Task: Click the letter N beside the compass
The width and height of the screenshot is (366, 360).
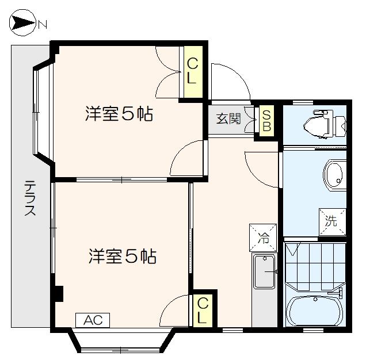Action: point(43,24)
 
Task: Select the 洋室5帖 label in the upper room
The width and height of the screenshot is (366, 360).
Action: point(119,114)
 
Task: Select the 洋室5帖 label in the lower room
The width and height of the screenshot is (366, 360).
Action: point(122,256)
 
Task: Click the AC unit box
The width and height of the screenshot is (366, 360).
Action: point(92,320)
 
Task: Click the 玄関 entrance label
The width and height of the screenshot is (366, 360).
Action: point(228,120)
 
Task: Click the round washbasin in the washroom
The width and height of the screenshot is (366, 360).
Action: point(334,174)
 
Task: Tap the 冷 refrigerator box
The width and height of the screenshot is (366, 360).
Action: point(262,236)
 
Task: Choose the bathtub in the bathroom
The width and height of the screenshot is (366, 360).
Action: point(315,311)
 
